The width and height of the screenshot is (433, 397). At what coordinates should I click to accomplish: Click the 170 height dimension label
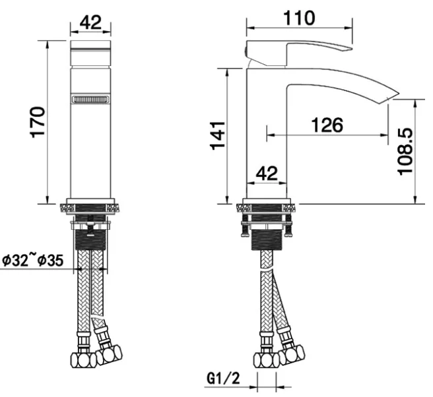38,122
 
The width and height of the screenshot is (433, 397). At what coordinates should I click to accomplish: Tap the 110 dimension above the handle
300,18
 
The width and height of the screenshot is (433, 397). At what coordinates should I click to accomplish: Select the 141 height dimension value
218,135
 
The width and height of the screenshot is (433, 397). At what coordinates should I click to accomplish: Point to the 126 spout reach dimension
327,125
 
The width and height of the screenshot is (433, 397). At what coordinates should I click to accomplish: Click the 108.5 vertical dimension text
405,151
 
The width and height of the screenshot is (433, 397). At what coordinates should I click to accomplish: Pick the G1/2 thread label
223,378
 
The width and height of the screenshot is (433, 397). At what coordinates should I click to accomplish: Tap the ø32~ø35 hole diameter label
33,260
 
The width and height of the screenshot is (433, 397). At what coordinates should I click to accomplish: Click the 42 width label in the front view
90,22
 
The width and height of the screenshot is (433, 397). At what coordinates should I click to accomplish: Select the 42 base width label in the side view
267,174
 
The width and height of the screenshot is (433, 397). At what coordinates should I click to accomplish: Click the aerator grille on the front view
90,99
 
